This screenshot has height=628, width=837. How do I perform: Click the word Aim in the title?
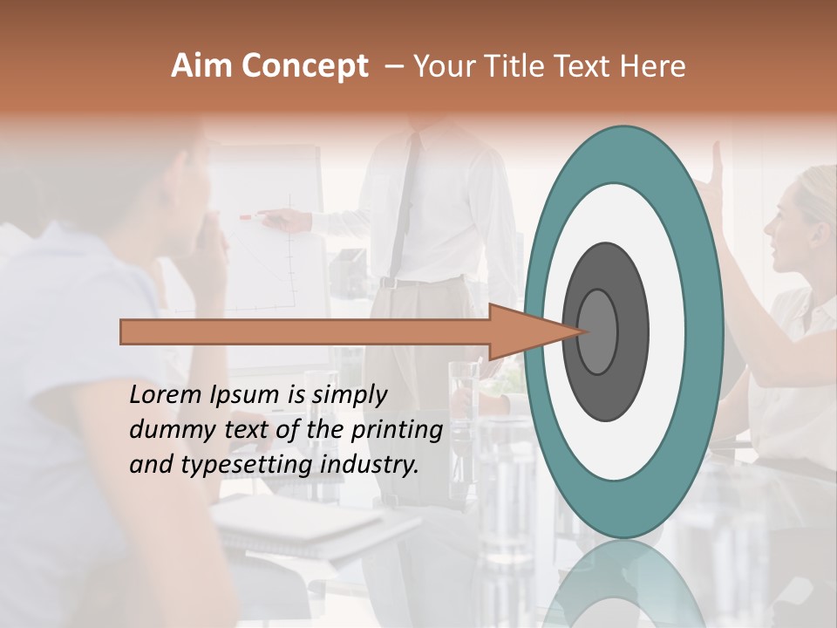203,66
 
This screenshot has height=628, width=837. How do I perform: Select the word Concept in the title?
306,66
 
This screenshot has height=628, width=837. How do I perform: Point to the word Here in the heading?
653,66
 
